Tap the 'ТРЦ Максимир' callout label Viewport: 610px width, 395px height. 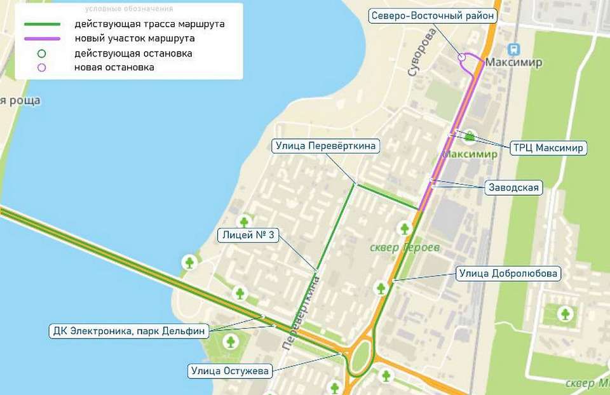[x=548, y=148]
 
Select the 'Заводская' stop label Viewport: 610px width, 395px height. [x=513, y=187]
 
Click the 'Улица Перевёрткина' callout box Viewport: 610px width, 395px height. [x=326, y=146]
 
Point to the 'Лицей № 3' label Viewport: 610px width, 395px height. [x=248, y=235]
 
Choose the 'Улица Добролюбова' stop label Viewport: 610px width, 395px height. [x=508, y=274]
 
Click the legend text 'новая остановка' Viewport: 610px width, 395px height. [x=114, y=67]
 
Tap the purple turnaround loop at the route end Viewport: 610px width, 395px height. [x=468, y=58]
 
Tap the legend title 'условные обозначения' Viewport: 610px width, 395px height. [x=129, y=8]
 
